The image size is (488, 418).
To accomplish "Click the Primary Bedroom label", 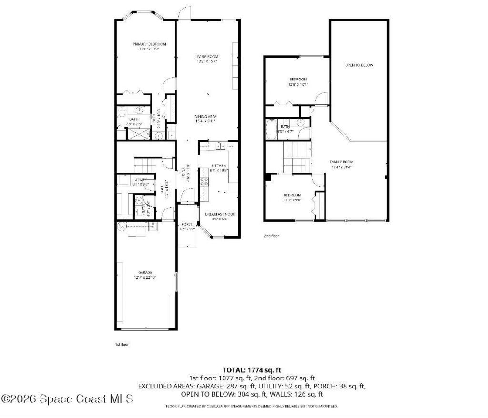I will (x=146, y=44).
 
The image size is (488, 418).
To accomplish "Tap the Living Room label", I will (x=206, y=57).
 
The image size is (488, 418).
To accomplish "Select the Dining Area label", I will (x=205, y=116).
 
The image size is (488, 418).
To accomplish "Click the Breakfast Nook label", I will (x=220, y=215).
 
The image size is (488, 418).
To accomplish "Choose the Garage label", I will (x=145, y=272).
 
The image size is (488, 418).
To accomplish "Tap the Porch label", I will (x=186, y=225).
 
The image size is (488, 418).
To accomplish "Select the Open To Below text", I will (x=359, y=65).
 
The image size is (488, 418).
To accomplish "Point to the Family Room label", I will (x=341, y=162).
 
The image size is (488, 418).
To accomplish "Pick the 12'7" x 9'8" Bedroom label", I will (x=292, y=195).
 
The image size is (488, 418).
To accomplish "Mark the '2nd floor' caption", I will (x=272, y=236).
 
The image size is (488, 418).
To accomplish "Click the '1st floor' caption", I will (x=122, y=344).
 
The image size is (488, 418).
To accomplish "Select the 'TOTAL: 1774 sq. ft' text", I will (x=252, y=369).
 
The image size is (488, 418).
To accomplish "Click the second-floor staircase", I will (x=296, y=157).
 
